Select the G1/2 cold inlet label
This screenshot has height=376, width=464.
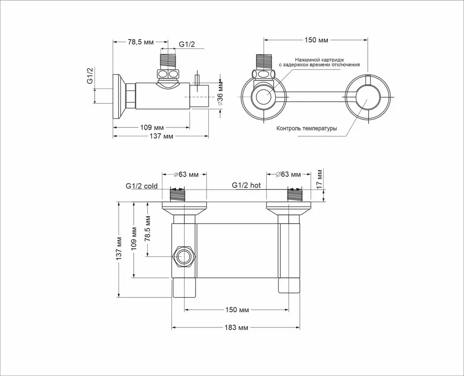click(142, 186)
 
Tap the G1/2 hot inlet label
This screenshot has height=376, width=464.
click(246, 185)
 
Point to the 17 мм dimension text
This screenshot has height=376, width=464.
click(319, 178)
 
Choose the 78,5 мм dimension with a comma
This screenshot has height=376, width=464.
click(141, 42)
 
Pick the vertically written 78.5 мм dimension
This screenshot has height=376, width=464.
click(148, 229)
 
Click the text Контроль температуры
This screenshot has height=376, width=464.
click(306, 128)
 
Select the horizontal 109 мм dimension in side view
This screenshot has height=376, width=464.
click(152, 127)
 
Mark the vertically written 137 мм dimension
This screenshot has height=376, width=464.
click(119, 248)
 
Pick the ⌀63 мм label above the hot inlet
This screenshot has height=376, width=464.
click(288, 174)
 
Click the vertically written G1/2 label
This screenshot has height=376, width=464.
click(90, 75)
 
